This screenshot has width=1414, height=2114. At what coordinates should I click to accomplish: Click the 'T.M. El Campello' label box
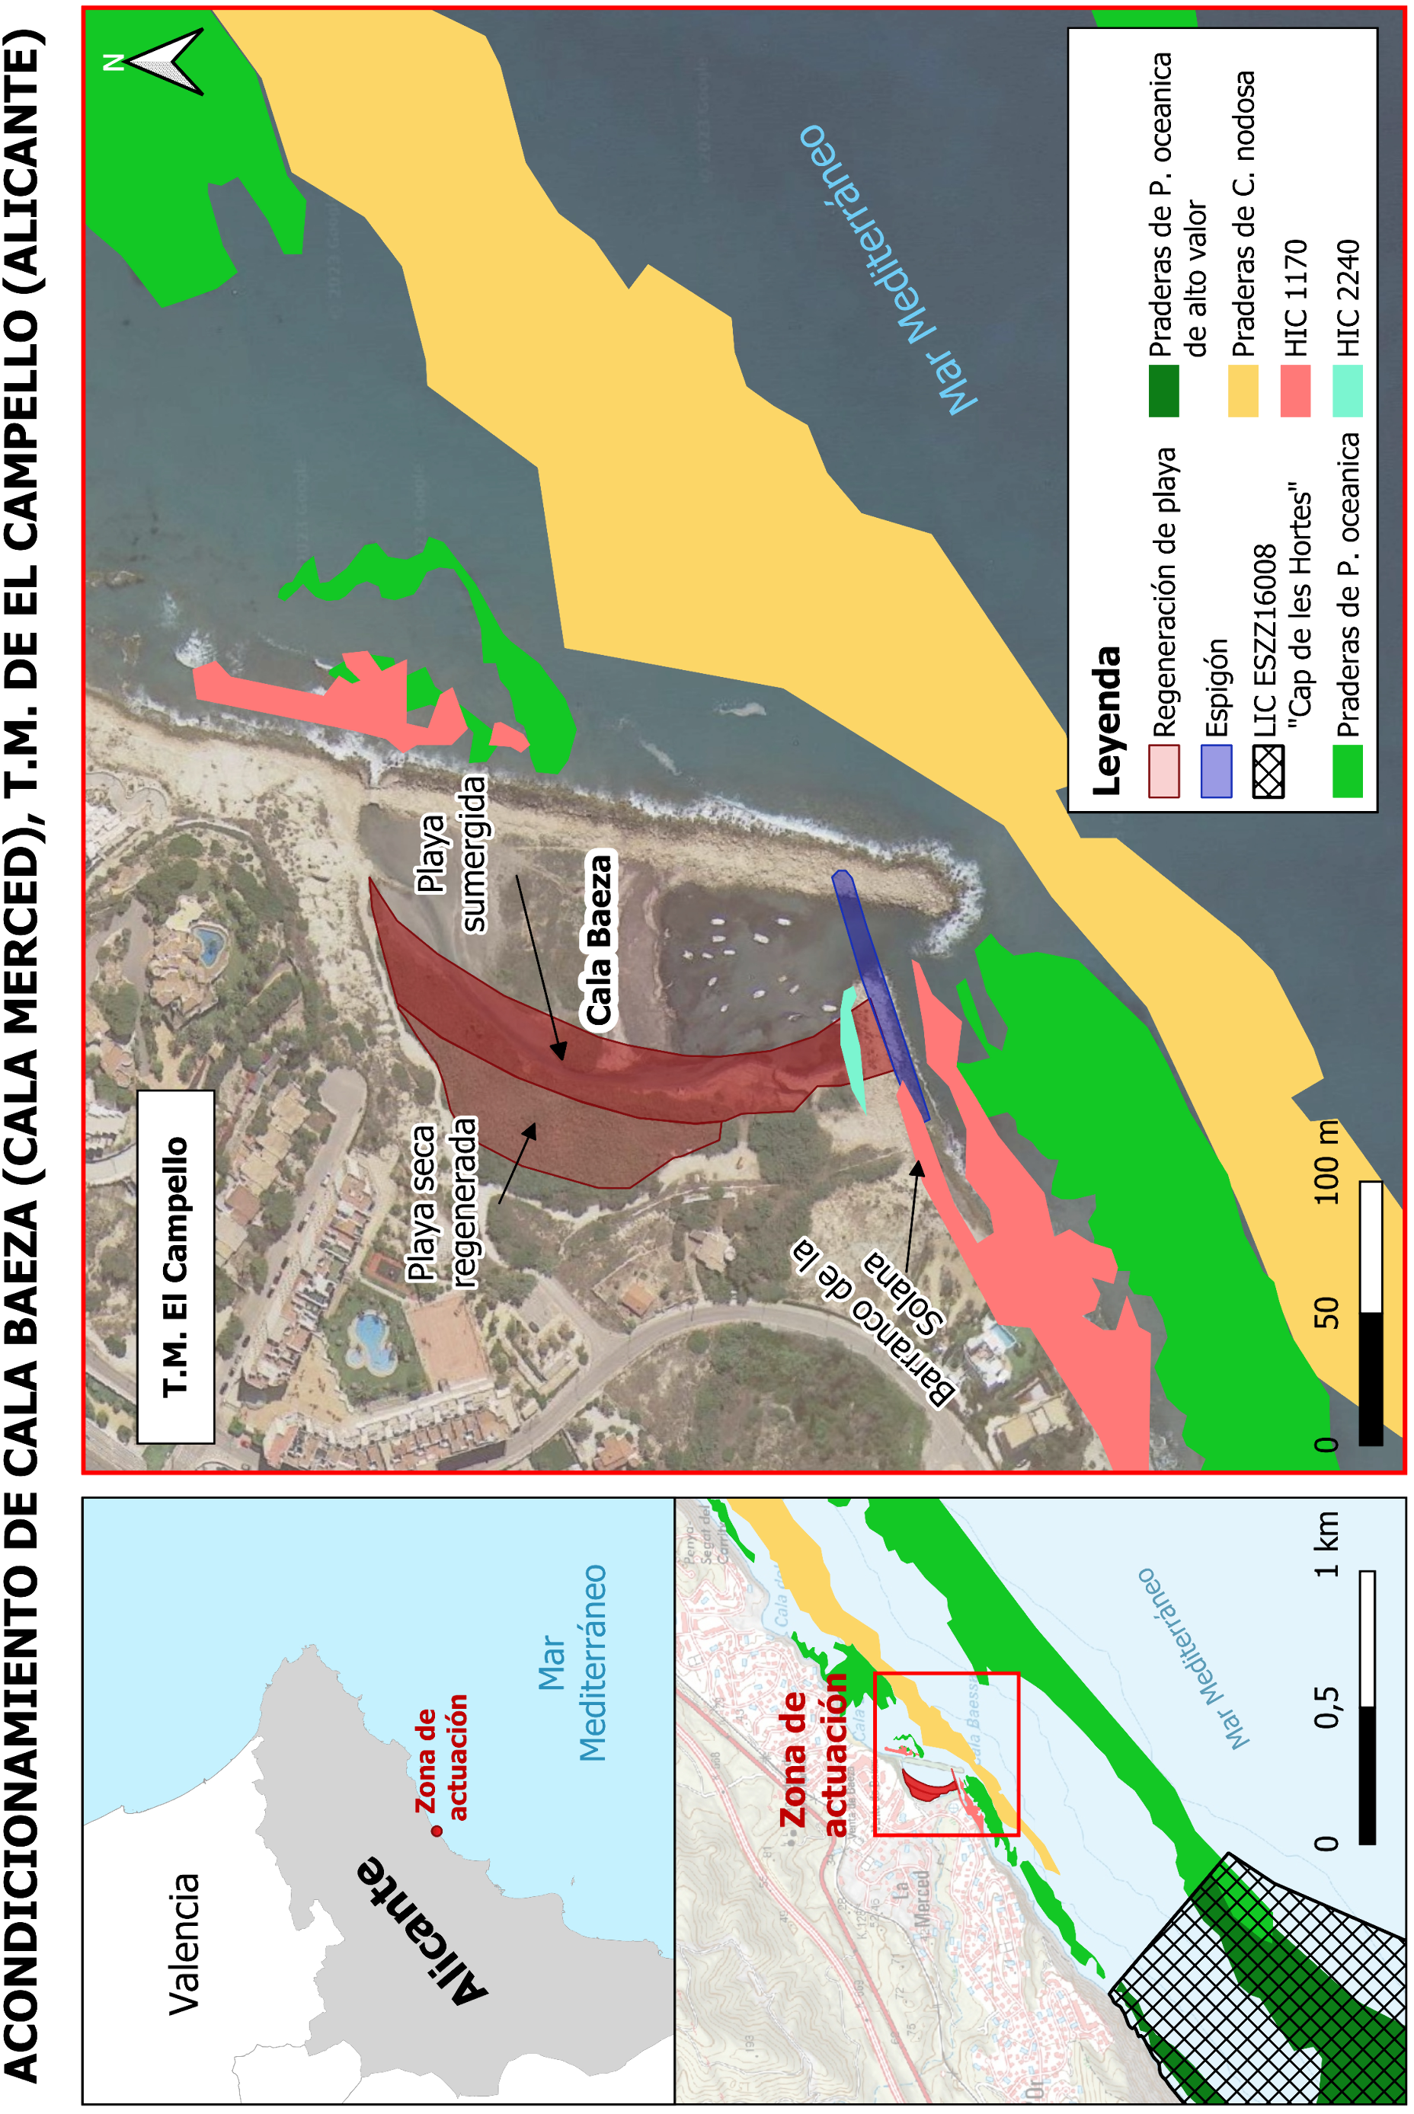(x=176, y=1266)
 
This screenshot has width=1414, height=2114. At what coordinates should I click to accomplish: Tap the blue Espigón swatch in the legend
(x=1216, y=771)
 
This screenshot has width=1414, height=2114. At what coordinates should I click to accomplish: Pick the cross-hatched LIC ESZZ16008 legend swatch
(x=1268, y=771)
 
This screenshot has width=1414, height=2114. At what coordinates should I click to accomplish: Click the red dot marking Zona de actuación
(x=437, y=1831)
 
